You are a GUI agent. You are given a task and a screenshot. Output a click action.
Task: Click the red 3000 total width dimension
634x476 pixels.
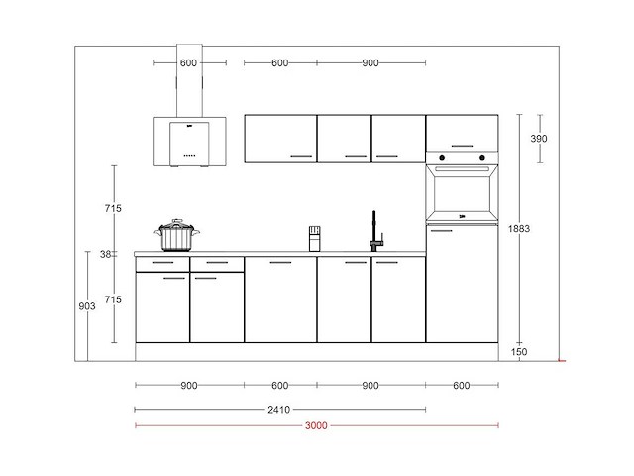(x=316, y=425)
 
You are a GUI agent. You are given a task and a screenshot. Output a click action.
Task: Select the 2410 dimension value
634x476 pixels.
(x=280, y=408)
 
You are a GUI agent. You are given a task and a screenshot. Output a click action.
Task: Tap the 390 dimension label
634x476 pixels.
(x=537, y=138)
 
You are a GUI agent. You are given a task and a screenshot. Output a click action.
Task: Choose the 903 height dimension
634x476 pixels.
(x=87, y=307)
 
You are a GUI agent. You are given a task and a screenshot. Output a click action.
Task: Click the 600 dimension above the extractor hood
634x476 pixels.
(x=189, y=63)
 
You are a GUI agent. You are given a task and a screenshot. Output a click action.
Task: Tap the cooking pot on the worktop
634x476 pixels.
(x=177, y=236)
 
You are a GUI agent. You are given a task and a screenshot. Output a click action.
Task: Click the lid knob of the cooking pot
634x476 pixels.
(x=177, y=222)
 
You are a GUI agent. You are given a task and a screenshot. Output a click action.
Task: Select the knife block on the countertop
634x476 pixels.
(x=314, y=238)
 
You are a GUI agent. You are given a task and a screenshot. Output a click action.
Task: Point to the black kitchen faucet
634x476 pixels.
(x=375, y=232)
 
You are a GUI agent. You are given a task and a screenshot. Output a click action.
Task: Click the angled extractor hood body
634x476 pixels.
(x=189, y=140)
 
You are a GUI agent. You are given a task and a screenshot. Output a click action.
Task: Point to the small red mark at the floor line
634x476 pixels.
(x=561, y=360)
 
